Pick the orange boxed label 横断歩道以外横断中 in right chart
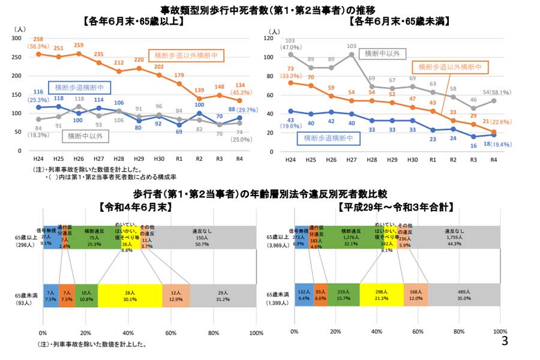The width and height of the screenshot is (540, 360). coord(449,67)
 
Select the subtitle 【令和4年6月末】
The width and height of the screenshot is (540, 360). coord(135,206)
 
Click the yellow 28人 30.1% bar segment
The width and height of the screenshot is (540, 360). coord(130,296)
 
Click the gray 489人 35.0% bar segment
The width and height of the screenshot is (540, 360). coord(464,296)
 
